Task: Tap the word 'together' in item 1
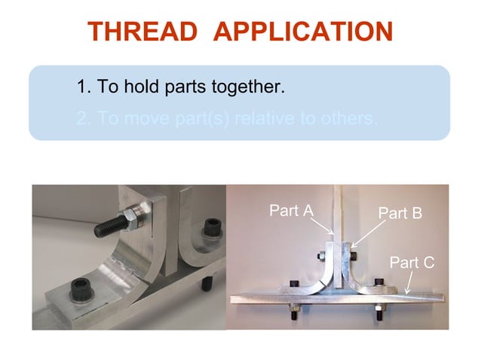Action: (247, 87)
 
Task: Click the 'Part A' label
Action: (291, 211)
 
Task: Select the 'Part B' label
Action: (400, 213)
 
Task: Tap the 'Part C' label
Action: (412, 262)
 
